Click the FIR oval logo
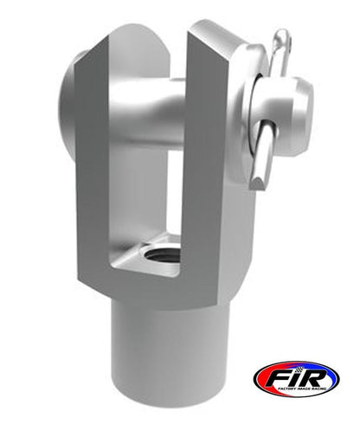[x=297, y=378]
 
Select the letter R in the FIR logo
[x=315, y=376]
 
